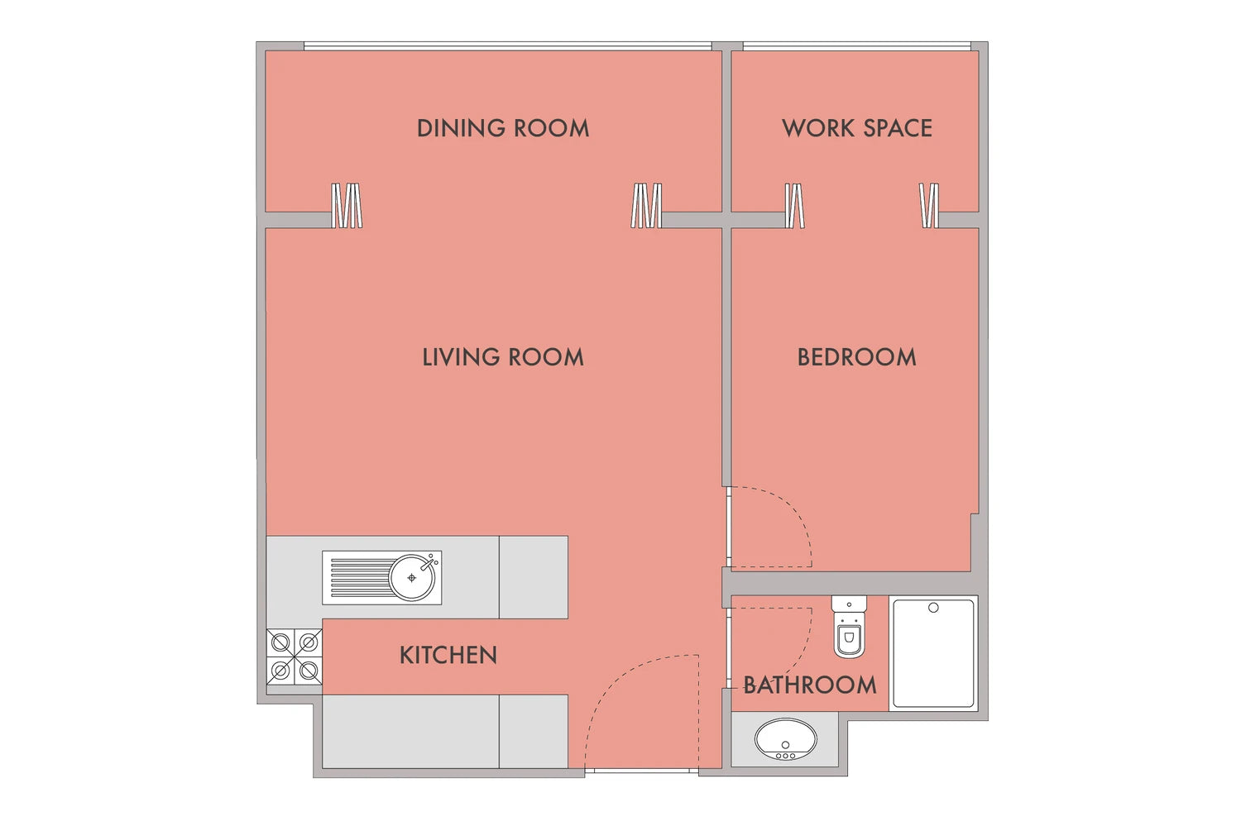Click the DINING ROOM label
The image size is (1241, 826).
(x=502, y=128)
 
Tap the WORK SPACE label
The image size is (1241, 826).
(x=856, y=128)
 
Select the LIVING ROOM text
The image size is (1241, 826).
(x=502, y=357)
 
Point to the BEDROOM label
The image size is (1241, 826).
(x=856, y=357)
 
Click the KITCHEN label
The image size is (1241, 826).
(x=448, y=656)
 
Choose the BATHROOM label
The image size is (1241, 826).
(x=809, y=685)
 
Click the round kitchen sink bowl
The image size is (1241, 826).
(x=412, y=577)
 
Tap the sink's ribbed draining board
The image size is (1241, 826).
(x=360, y=577)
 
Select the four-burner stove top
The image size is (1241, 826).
(x=295, y=657)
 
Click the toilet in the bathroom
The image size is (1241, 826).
(x=849, y=627)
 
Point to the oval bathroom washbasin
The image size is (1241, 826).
(x=786, y=739)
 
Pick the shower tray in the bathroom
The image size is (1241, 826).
(x=933, y=653)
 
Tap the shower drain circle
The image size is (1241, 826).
(x=933, y=608)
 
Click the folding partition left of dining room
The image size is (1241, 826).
(x=347, y=205)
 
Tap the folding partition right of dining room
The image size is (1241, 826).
(x=646, y=205)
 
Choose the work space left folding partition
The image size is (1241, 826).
(x=795, y=205)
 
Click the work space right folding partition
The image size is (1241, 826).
(x=929, y=205)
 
